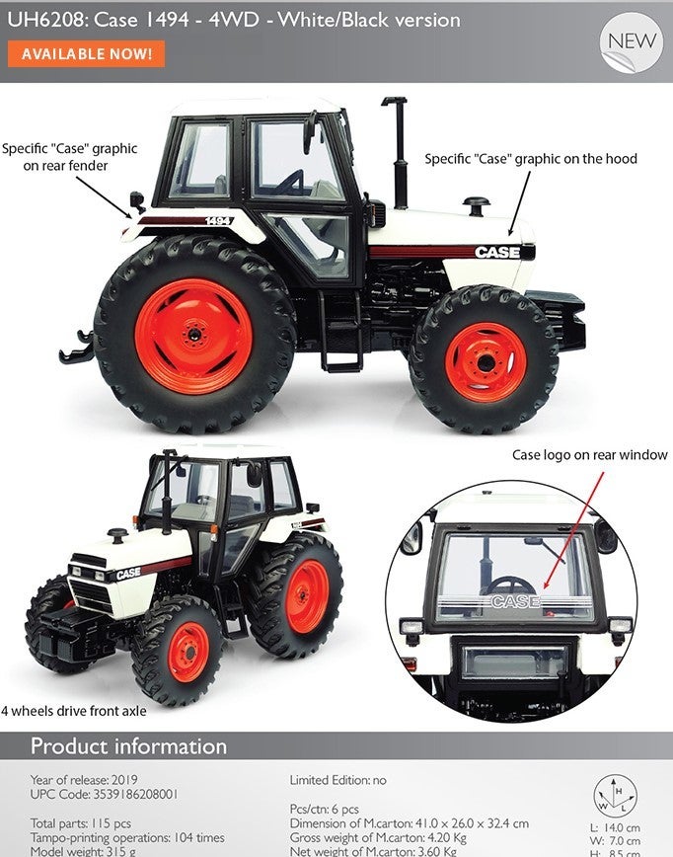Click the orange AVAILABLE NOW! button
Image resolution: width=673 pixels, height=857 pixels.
click(86, 53)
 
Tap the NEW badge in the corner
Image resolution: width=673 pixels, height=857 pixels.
click(632, 42)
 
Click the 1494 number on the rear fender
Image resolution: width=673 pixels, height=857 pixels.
click(219, 221)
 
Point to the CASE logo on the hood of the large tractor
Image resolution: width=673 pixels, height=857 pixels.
click(497, 252)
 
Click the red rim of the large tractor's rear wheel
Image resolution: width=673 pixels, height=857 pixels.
click(194, 336)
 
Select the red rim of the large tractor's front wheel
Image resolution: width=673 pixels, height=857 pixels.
click(486, 362)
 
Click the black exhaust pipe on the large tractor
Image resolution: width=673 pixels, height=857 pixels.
click(400, 153)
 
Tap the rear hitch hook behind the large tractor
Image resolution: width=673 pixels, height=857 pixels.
click(78, 349)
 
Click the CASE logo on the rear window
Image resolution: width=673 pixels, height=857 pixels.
click(516, 601)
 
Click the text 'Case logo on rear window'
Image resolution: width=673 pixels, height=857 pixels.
click(589, 455)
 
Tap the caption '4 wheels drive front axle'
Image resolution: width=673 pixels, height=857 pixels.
click(74, 711)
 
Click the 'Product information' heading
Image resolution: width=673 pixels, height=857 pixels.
click(129, 746)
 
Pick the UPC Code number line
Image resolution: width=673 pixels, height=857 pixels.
click(104, 794)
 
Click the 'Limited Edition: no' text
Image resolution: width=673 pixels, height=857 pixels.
click(337, 780)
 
